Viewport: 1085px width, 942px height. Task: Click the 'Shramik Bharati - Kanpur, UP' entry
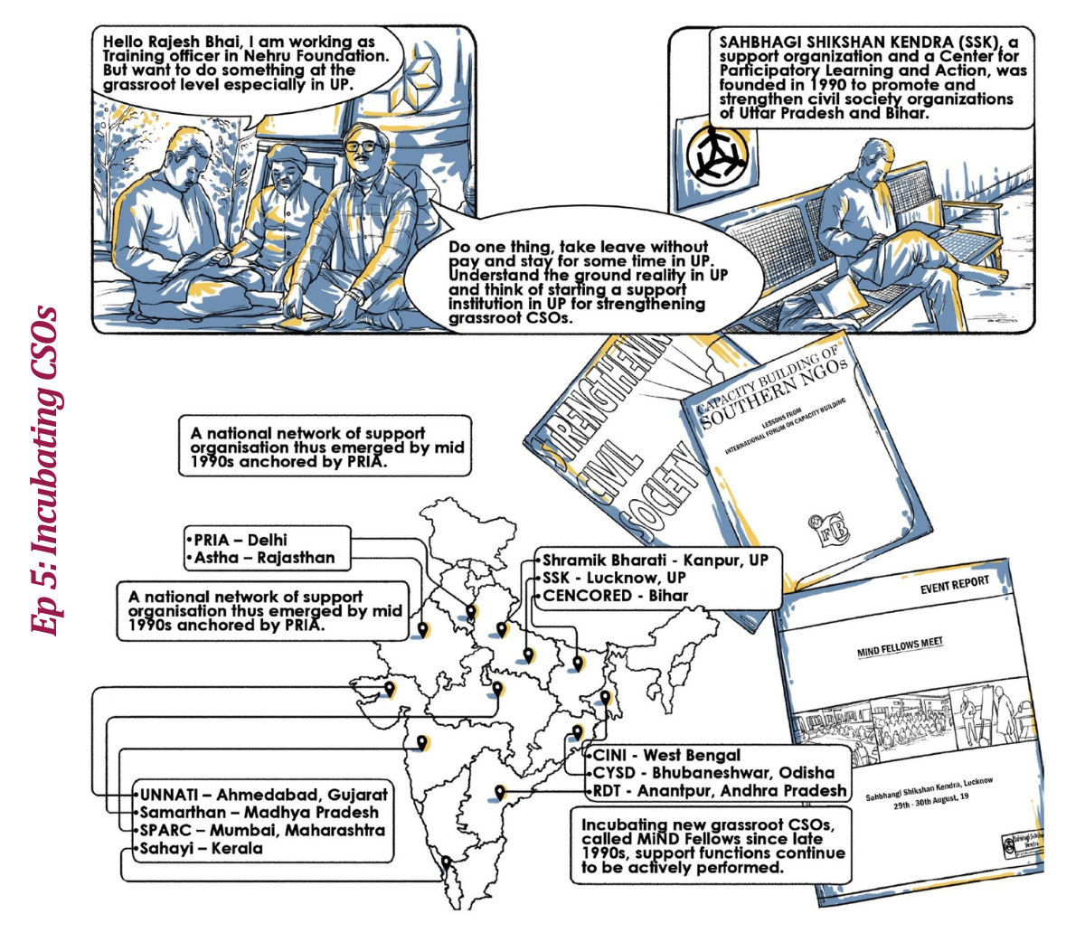[655, 560]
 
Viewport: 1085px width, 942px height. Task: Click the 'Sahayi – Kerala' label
[201, 848]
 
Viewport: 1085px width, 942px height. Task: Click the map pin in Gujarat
[390, 689]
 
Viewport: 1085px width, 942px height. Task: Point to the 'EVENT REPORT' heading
[955, 584]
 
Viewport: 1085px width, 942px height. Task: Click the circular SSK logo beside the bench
[718, 155]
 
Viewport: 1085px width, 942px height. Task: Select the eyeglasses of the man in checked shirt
[363, 146]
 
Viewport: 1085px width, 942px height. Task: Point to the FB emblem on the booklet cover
[829, 529]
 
